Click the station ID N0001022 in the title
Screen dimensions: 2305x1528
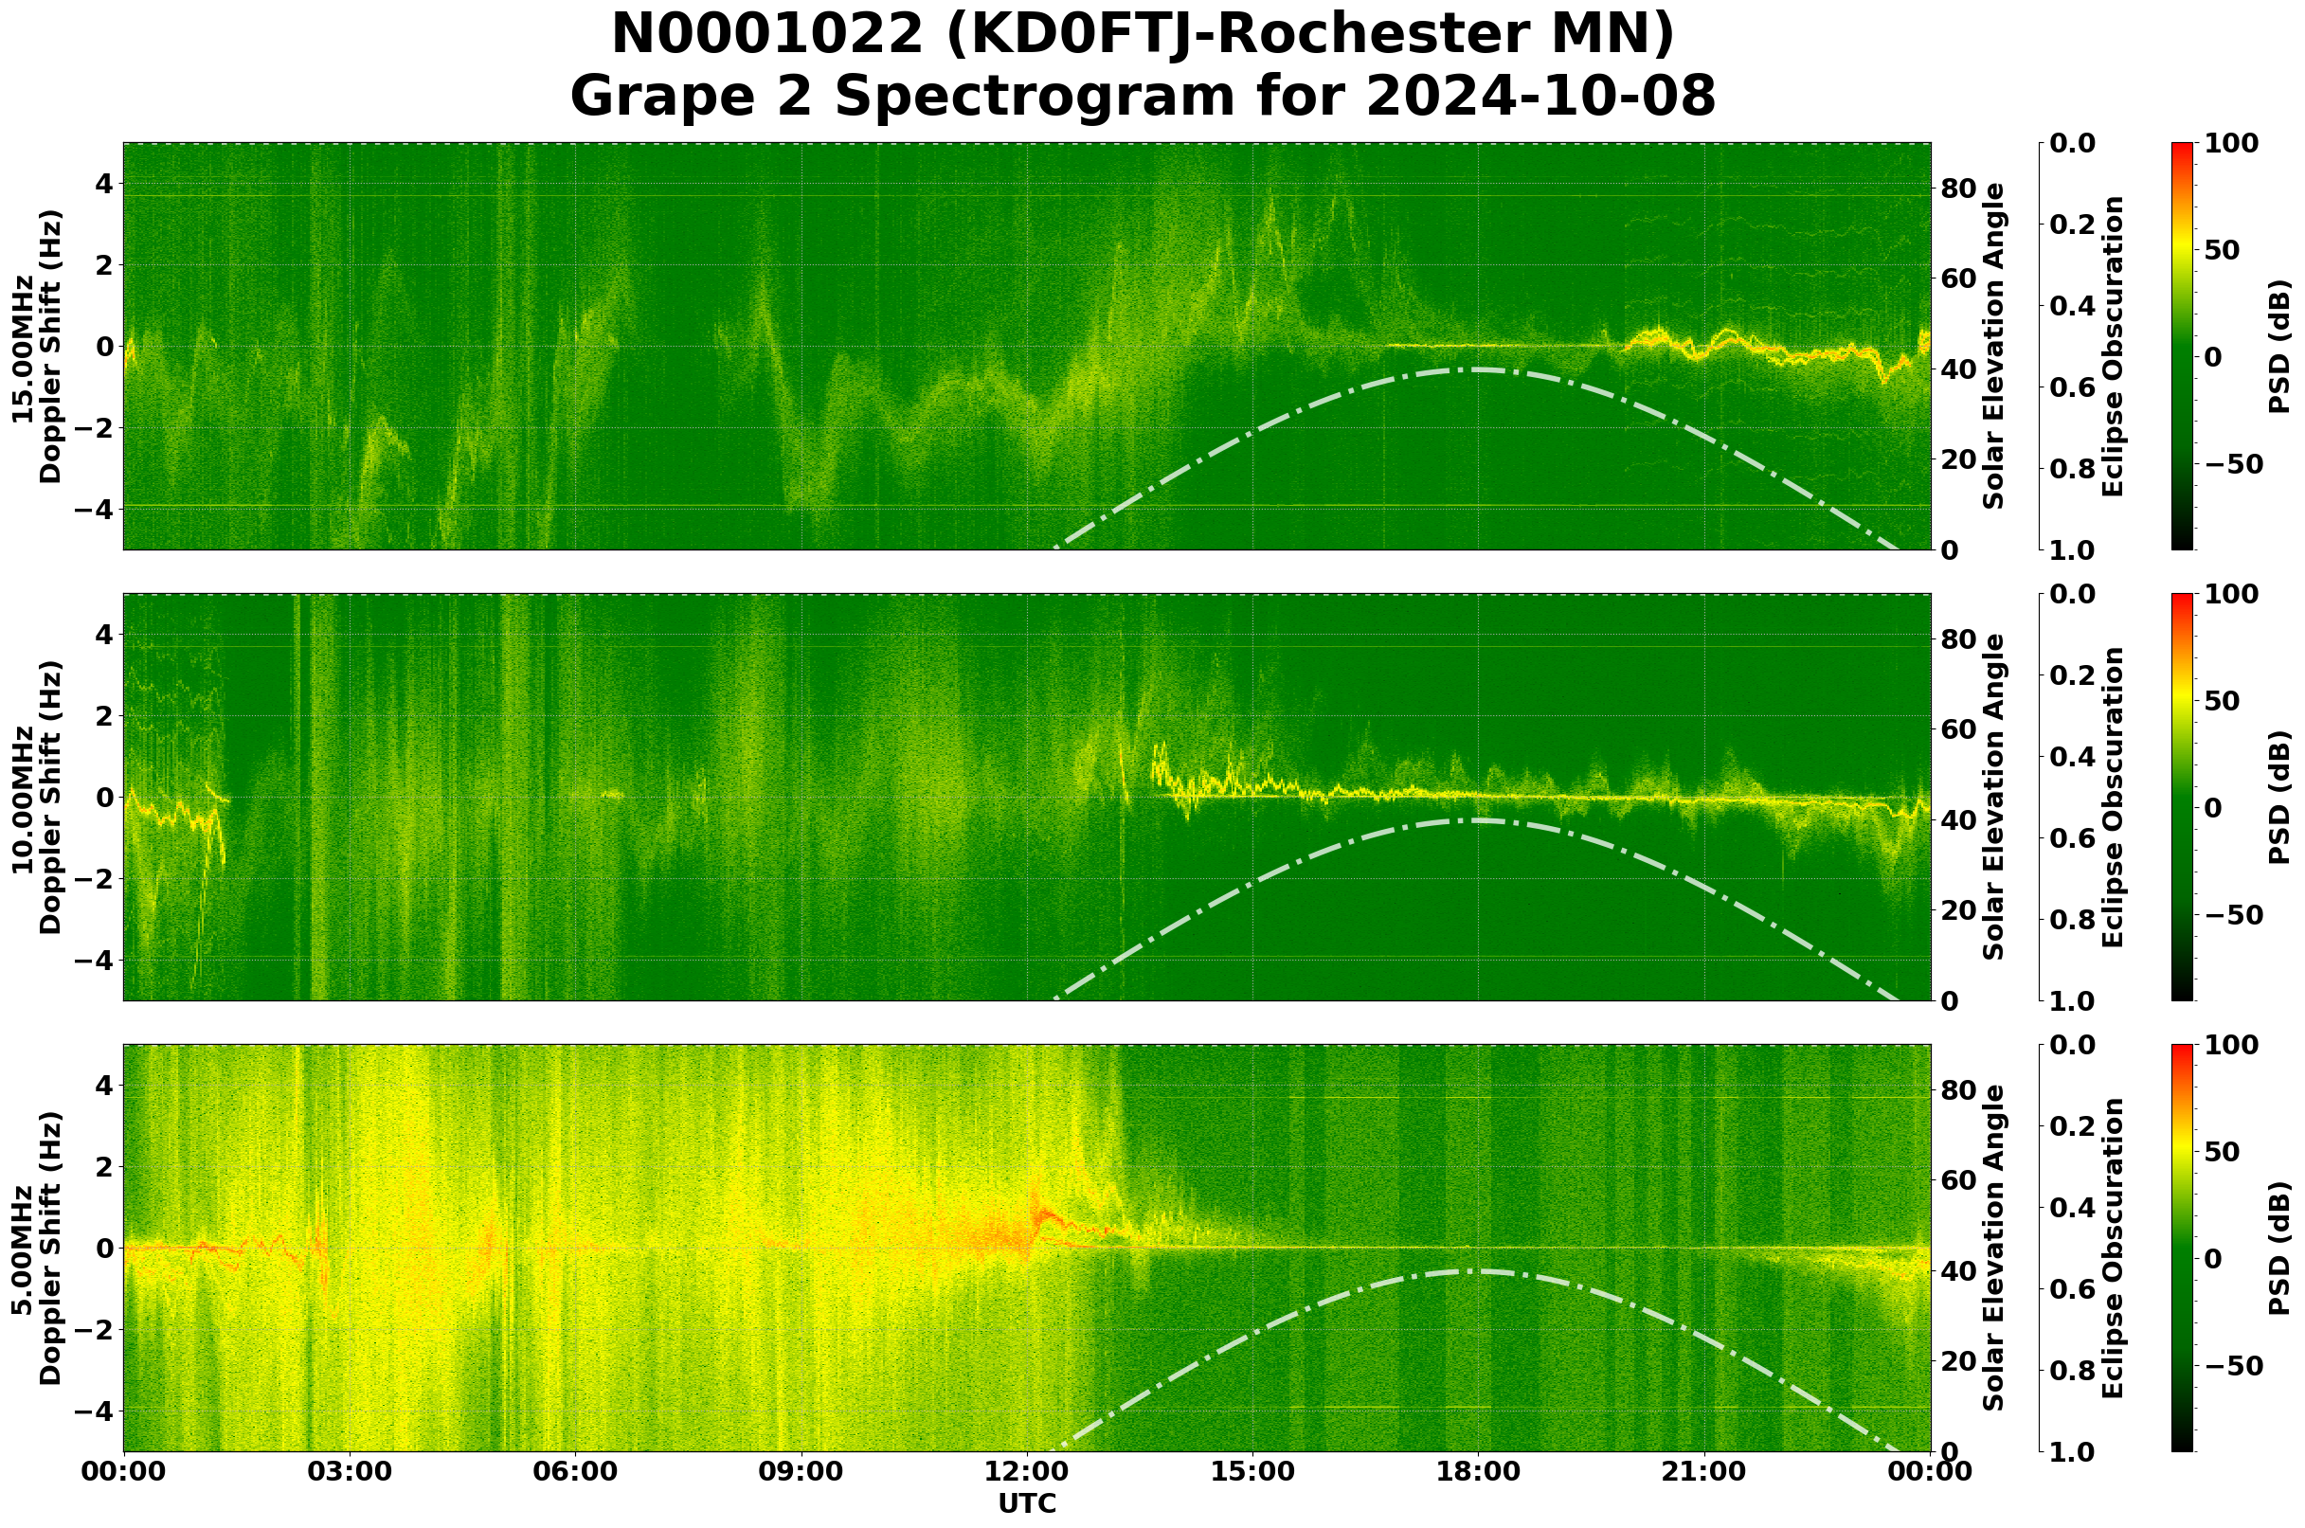[x=766, y=35]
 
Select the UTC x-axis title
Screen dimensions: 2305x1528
[x=1026, y=1502]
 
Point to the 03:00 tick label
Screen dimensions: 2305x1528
[x=349, y=1471]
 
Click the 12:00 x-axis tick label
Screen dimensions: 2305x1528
[x=1026, y=1471]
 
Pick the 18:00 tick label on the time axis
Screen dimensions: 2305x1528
[x=1478, y=1471]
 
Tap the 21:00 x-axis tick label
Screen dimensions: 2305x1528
[x=1703, y=1471]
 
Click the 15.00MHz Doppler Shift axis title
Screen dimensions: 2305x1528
[x=37, y=346]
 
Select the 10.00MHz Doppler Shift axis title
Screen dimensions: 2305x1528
[x=37, y=797]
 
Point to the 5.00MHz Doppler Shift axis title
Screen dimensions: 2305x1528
[x=37, y=1249]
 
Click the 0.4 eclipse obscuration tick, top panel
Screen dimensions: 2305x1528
[x=2078, y=306]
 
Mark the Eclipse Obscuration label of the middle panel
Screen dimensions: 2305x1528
[x=2112, y=797]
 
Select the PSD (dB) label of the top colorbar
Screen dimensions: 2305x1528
[x=2278, y=346]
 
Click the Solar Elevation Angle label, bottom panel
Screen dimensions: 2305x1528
[x=1994, y=1249]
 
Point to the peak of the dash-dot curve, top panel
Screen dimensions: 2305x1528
[x=1478, y=369]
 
